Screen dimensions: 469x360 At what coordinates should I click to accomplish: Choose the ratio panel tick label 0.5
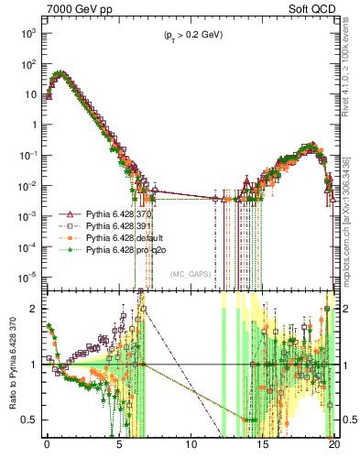(x=29, y=420)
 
